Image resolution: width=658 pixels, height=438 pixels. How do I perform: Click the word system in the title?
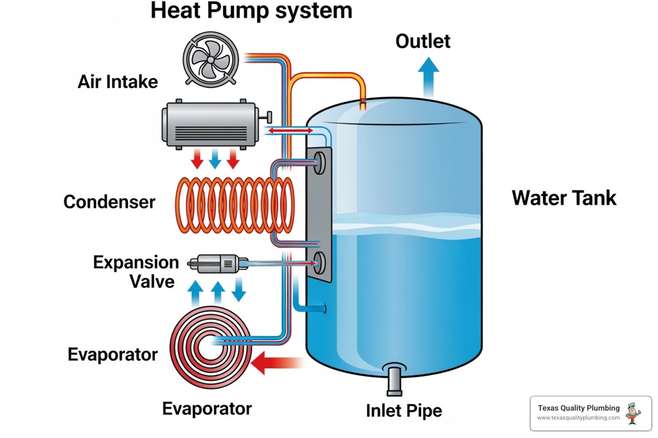(314, 11)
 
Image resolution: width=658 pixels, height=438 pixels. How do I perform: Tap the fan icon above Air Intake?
(210, 59)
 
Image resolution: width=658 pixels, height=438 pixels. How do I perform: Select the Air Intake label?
(118, 82)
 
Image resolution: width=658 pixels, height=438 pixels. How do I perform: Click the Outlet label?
(422, 41)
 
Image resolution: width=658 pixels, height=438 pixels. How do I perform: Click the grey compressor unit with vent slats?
(210, 124)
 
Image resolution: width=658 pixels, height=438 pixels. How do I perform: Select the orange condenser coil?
(235, 205)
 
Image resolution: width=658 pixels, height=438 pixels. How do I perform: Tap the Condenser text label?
(109, 202)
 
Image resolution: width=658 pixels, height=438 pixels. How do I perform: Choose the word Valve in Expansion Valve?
(152, 282)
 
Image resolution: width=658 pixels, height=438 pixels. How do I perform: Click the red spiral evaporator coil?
(210, 347)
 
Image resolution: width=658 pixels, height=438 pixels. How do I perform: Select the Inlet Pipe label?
(404, 411)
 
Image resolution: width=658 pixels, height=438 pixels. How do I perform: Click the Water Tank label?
(564, 198)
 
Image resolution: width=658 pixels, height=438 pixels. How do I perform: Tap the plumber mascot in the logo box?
(633, 413)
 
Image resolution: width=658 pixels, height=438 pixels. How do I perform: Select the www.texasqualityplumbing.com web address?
(578, 418)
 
